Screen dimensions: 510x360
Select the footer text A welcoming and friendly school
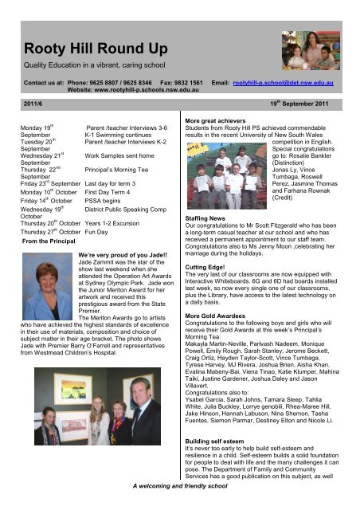pos(180,506)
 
